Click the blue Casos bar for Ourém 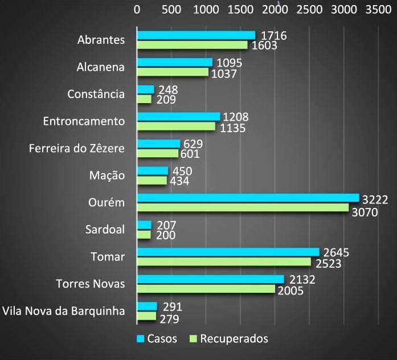(248, 198)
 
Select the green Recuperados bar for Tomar (224, 261)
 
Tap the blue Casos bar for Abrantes (196, 35)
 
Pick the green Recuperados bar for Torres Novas (206, 289)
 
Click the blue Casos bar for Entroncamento (178, 117)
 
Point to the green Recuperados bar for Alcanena (173, 72)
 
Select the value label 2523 (330, 262)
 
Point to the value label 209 (165, 100)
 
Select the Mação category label (107, 175)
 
